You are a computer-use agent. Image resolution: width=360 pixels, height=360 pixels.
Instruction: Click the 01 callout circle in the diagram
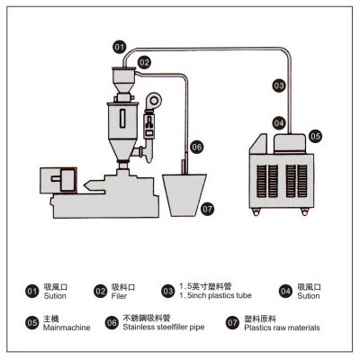click(120, 47)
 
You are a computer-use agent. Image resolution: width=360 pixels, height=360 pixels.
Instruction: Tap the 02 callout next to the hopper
click(144, 63)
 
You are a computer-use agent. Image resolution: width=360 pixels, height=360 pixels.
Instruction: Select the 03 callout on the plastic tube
click(279, 85)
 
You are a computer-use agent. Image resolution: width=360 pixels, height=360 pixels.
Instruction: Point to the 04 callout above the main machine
click(279, 123)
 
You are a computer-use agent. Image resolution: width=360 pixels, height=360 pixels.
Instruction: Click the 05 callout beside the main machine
click(315, 137)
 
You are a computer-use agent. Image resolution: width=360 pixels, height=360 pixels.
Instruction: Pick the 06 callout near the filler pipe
click(197, 147)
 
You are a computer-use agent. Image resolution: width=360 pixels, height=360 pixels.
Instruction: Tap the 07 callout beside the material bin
click(207, 209)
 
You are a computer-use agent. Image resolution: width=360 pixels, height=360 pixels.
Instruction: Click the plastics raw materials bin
click(184, 195)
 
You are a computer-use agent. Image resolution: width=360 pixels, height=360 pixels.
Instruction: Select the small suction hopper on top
click(122, 80)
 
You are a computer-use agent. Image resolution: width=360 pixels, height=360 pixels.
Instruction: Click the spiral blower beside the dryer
click(153, 101)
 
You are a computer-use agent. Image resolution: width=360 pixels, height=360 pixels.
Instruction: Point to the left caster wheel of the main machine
click(256, 212)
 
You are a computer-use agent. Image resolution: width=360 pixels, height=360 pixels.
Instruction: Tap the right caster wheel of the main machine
click(305, 212)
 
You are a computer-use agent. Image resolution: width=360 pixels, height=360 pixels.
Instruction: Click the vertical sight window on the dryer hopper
click(122, 119)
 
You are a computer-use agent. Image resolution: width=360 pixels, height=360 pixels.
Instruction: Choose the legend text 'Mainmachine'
click(67, 328)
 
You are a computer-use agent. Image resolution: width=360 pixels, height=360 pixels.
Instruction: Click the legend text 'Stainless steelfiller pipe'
click(164, 327)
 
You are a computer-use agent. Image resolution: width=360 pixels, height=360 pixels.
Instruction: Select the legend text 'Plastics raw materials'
click(282, 328)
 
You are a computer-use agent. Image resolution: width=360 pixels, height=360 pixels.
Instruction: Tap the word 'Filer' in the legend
click(119, 296)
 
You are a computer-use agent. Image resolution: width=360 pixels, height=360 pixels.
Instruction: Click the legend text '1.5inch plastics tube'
click(215, 295)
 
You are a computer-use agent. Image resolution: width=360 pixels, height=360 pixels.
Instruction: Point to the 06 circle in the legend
click(112, 323)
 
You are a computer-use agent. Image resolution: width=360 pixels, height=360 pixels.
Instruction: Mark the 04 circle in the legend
click(285, 292)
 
